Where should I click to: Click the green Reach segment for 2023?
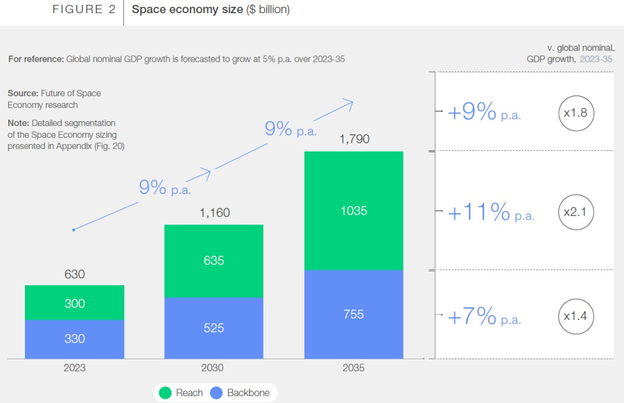pos(74,303)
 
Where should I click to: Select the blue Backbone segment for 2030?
pos(214,328)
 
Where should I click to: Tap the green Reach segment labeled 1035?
pos(354,211)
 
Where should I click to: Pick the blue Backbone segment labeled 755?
pos(354,314)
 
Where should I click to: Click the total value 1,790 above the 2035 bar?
pos(354,139)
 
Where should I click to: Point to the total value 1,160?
pos(214,213)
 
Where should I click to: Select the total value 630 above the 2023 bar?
pos(74,274)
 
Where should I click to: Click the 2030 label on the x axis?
pos(214,368)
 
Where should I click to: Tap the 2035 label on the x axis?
pos(354,368)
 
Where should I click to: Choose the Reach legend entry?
pos(181,393)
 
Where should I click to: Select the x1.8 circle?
pos(576,112)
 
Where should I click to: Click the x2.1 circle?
pos(576,213)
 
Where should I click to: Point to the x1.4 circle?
pos(576,316)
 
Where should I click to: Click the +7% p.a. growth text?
pos(484,317)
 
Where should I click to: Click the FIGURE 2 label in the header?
pos(84,10)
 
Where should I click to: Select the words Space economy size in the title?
pos(187,10)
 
